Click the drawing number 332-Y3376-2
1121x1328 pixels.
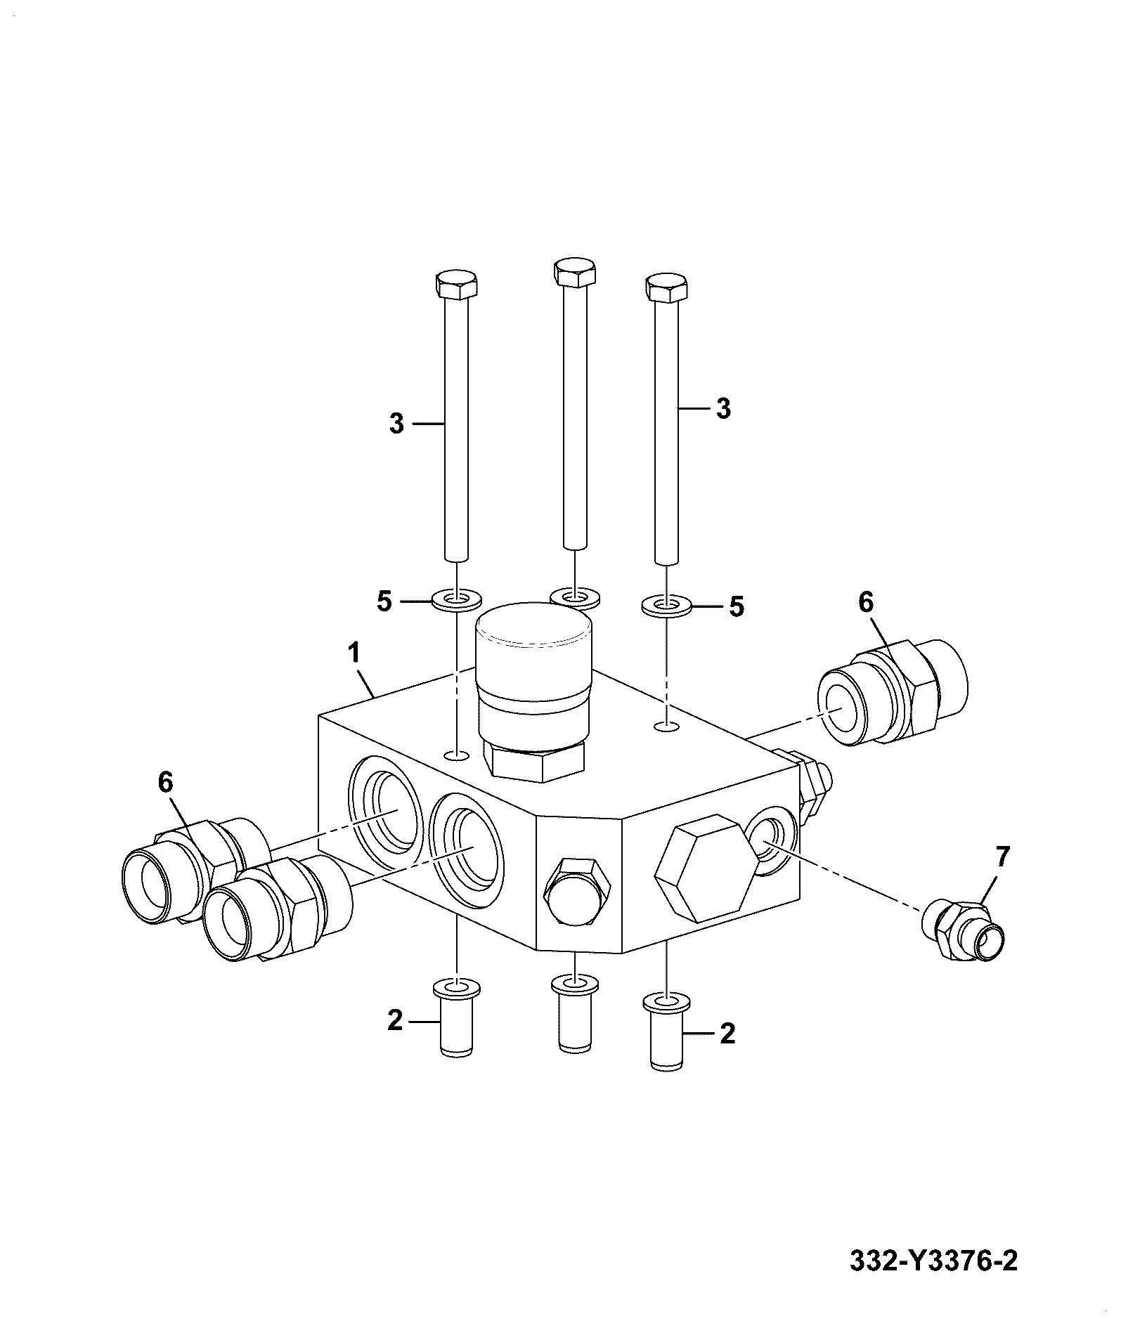[x=933, y=1261]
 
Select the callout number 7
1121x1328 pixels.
[x=1002, y=857]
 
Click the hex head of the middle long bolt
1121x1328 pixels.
[x=575, y=272]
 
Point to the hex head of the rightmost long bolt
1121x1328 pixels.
[x=666, y=288]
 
